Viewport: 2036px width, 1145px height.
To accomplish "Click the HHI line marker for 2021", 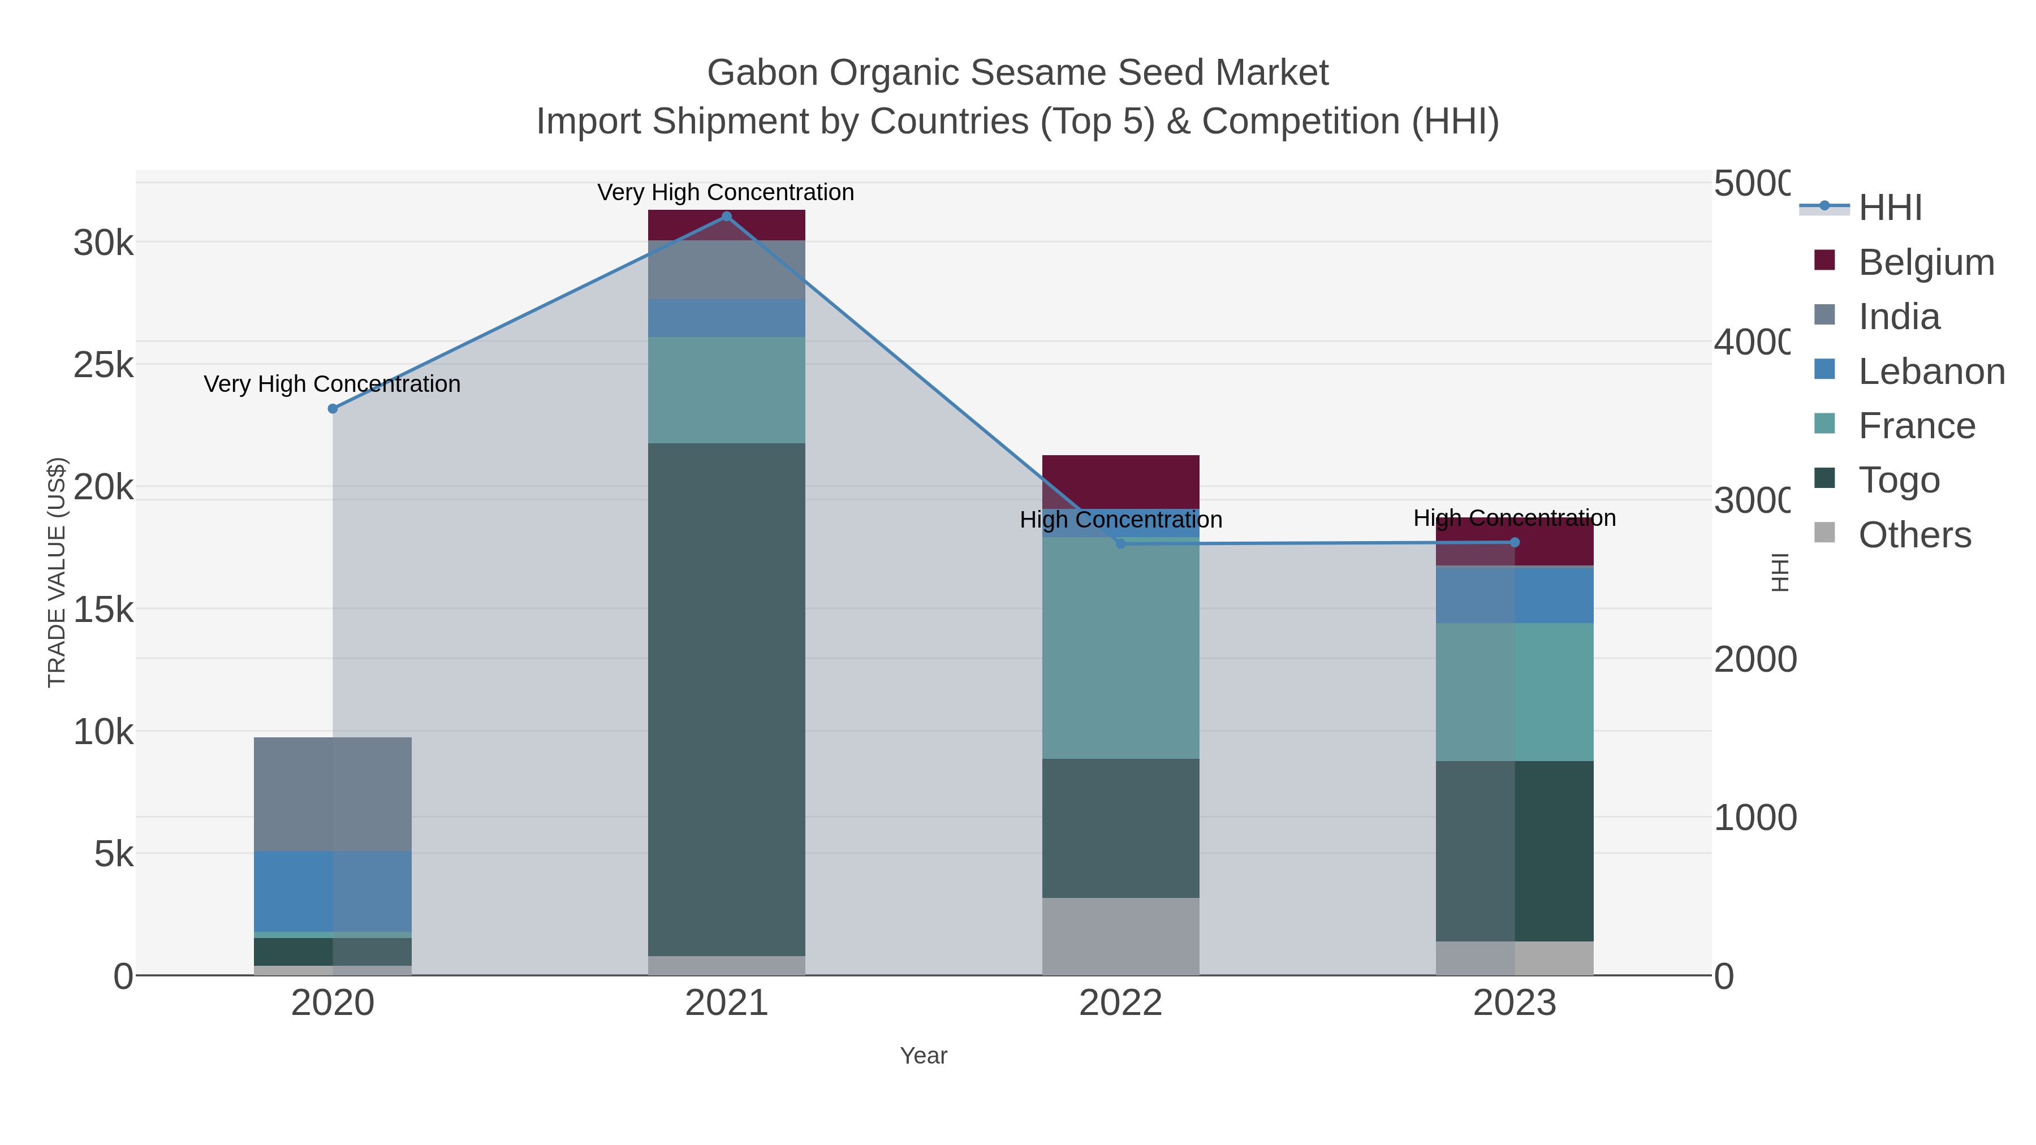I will click(726, 217).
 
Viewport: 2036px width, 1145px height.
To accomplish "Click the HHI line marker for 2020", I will click(333, 409).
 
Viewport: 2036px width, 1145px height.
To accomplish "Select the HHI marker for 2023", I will click(1515, 542).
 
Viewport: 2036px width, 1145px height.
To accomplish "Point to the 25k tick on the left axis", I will click(103, 365).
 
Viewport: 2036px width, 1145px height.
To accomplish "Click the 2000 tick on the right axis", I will click(1754, 659).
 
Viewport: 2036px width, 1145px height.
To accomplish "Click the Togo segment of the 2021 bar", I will click(726, 699).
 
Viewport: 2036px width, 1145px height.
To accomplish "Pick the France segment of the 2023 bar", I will click(1515, 692).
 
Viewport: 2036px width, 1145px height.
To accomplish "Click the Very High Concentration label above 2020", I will click(332, 384).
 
